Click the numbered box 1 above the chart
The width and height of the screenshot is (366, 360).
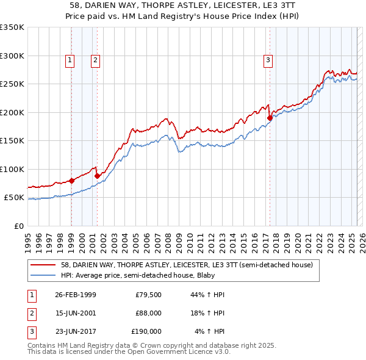(71, 60)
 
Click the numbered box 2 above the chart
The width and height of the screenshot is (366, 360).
(96, 60)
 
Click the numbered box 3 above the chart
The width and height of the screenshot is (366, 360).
(268, 60)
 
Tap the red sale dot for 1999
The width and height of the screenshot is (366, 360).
(71, 181)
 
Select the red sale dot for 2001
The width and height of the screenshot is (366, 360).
(97, 176)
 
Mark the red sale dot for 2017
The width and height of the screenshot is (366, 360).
(270, 118)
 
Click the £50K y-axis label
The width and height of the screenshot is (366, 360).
(14, 198)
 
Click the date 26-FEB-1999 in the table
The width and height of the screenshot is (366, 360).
(75, 295)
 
